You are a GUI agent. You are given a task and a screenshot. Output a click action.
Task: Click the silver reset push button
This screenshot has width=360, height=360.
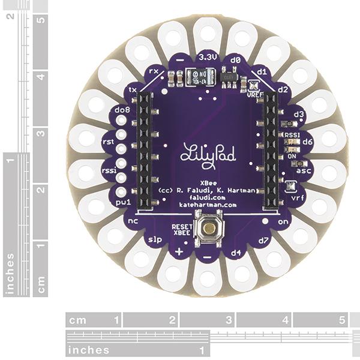208,228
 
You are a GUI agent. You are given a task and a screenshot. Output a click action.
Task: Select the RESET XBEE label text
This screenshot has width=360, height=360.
182,230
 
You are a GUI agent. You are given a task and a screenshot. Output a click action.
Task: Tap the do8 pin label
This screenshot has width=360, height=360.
122,110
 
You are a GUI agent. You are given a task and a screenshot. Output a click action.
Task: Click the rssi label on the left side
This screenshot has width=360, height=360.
109,169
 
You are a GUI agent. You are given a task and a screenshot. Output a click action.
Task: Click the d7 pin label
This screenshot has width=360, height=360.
262,241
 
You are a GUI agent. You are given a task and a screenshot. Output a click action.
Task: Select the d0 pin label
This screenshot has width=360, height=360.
235,61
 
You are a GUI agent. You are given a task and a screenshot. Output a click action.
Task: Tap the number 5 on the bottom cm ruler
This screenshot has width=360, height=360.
341,320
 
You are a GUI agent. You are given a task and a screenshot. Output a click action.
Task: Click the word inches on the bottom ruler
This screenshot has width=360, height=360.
88,350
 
